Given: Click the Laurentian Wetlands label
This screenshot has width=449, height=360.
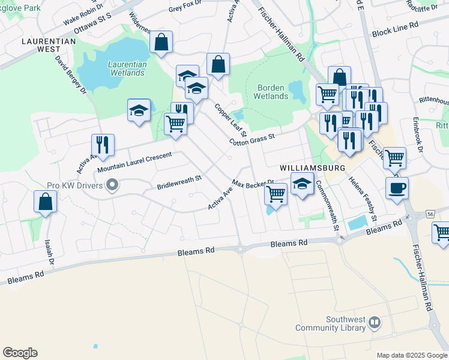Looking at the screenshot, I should click(126, 68).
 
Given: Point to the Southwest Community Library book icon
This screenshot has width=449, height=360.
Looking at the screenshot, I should click(375, 323).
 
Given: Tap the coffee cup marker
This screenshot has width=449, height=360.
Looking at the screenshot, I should click(397, 188).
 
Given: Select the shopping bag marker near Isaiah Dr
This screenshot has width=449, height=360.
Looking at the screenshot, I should click(46, 202).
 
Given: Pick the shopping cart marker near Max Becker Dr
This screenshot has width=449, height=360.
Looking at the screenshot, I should click(276, 194).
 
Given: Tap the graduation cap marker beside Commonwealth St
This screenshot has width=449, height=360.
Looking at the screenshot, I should click(302, 184).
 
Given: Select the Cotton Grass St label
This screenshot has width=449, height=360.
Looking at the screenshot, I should click(252, 139).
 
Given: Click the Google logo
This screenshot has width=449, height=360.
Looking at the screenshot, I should click(20, 353).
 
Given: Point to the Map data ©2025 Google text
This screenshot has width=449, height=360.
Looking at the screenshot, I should click(411, 355).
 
